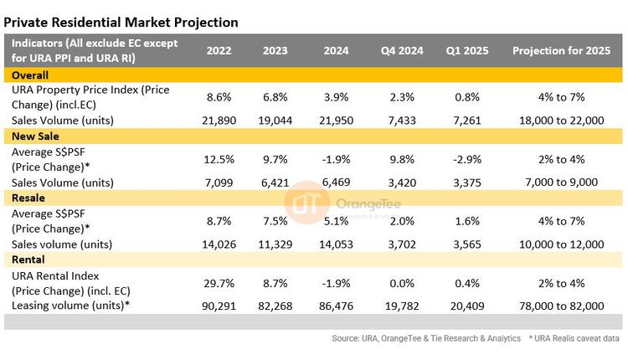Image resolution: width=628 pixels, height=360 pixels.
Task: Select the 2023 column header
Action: tap(276, 50)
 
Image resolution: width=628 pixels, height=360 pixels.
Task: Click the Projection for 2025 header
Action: tap(559, 50)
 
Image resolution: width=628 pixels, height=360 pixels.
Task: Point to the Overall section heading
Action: tap(30, 75)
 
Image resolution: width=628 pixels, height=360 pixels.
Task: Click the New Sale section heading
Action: tap(35, 136)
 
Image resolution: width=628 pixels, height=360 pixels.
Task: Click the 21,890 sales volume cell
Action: tap(219, 120)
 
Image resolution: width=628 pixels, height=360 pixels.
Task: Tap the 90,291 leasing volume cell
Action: tap(219, 306)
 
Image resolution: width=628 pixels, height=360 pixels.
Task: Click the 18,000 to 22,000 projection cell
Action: tap(559, 120)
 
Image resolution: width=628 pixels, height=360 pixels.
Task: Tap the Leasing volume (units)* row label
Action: tap(66, 306)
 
